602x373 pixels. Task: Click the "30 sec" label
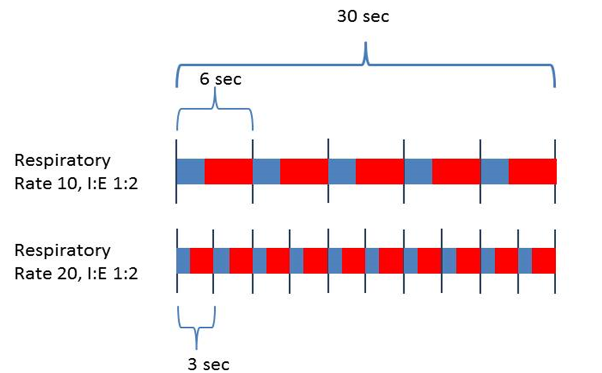pyautogui.click(x=363, y=16)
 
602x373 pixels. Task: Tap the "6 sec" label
pyautogui.click(x=220, y=79)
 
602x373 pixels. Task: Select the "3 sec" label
pyautogui.click(x=209, y=364)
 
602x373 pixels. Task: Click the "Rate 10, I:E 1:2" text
pyautogui.click(x=76, y=184)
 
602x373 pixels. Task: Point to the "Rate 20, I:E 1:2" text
pyautogui.click(x=76, y=274)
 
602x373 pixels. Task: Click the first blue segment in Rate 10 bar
pyautogui.click(x=190, y=171)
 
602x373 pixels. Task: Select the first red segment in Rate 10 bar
pyautogui.click(x=228, y=171)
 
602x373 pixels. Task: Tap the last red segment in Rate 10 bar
pyautogui.click(x=532, y=171)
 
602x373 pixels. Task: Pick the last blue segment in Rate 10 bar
pyautogui.click(x=495, y=171)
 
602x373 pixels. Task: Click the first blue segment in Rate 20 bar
pyautogui.click(x=184, y=261)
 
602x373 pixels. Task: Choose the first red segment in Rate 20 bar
pyautogui.click(x=202, y=261)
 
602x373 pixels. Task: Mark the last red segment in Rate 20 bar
pyautogui.click(x=544, y=261)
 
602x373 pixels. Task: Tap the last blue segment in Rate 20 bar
pyautogui.click(x=525, y=261)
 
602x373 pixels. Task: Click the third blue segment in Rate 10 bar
pyautogui.click(x=342, y=171)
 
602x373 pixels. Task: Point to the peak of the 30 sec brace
pyautogui.click(x=366, y=42)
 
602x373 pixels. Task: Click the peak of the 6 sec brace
pyautogui.click(x=215, y=89)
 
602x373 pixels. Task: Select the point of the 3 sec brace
pyautogui.click(x=197, y=349)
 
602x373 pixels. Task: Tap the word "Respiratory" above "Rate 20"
pyautogui.click(x=63, y=251)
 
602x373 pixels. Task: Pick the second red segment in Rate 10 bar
pyautogui.click(x=304, y=171)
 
